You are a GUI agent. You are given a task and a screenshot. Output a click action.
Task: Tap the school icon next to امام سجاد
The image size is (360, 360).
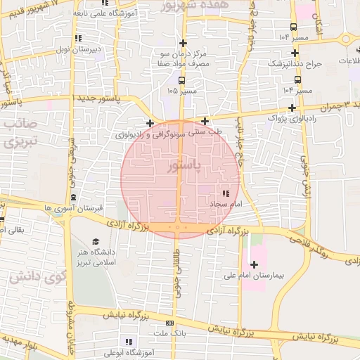coord(225,193)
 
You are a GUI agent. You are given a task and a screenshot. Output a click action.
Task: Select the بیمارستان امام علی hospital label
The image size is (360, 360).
coord(275,277)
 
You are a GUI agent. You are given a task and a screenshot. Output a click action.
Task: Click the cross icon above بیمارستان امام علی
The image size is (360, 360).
coord(255,265)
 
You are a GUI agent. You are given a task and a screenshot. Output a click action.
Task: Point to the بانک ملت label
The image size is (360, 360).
coord(169,333)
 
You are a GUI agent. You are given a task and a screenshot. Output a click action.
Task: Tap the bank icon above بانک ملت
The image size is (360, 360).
coord(169,321)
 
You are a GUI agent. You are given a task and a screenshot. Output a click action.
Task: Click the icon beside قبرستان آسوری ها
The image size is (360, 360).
coord(74,197)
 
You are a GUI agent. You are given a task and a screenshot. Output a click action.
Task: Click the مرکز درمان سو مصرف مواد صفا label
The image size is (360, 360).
coord(184,59)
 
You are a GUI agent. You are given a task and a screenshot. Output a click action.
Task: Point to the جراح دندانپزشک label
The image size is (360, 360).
coord(295,63)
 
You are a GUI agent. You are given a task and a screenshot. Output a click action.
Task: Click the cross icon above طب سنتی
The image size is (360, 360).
coord(205,121)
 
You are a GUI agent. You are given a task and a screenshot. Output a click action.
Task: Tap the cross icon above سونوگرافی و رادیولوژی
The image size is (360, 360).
coord(149,123)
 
